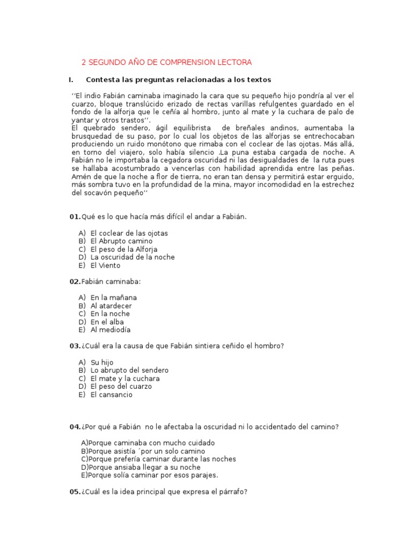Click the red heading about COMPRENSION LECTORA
click(166, 63)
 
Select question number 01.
click(75, 217)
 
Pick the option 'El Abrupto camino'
click(121, 241)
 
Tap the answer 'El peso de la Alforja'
click(124, 249)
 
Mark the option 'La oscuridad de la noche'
click(133, 257)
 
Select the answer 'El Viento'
click(106, 265)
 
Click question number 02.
click(75, 281)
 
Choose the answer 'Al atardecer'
click(111, 306)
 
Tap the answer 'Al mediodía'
click(111, 330)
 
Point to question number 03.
click(75, 346)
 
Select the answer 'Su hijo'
click(102, 362)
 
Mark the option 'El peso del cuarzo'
click(121, 387)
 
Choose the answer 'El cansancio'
click(112, 395)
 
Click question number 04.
click(75, 427)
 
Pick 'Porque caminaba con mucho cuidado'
click(148, 443)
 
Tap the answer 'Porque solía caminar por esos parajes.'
click(150, 475)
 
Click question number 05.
click(75, 491)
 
